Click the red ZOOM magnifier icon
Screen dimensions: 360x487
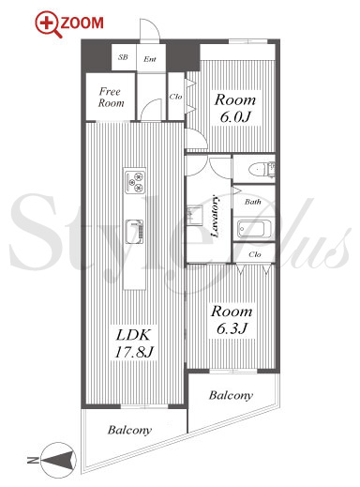pos(48,24)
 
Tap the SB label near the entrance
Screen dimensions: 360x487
pos(123,57)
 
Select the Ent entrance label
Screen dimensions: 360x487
pos(150,59)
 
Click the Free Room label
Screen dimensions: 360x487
pos(111,98)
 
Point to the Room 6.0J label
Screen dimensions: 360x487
pos(235,108)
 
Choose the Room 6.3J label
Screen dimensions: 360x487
pos(232,320)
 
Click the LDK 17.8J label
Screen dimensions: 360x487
pos(133,343)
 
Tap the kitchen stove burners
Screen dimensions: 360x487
pos(135,181)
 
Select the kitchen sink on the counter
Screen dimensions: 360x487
pos(135,232)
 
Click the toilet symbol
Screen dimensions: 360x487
pos(262,169)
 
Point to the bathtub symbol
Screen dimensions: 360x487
pos(254,229)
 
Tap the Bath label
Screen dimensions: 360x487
pos(253,202)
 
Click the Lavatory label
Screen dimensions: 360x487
pos(216,216)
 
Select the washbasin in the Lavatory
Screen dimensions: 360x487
pos(194,215)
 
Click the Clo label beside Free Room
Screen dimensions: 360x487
pos(175,97)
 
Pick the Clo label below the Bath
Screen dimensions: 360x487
pos(255,254)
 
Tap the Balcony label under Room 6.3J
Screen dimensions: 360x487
pos(231,396)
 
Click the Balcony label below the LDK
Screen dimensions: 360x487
pos(129,430)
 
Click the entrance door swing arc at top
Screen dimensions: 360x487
pos(153,24)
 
